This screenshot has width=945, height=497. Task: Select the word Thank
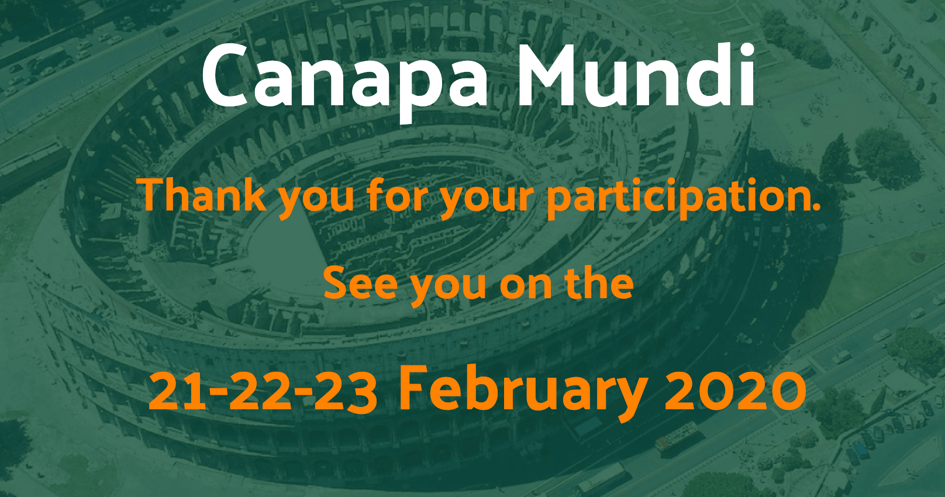(x=204, y=195)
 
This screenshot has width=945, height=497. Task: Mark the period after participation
(x=816, y=206)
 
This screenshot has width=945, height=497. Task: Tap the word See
(x=361, y=284)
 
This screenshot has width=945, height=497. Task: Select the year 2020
(x=735, y=392)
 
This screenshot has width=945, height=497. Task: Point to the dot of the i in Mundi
(x=746, y=50)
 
